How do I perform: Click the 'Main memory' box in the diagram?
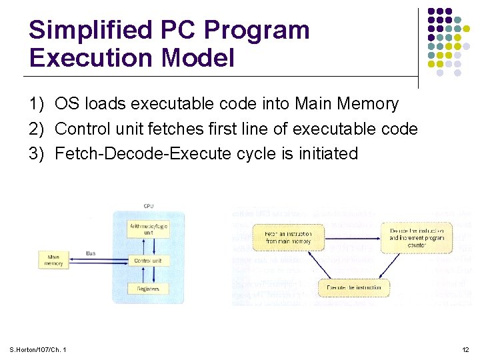53,260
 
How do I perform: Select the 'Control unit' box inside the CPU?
147,261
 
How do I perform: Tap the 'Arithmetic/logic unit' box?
147,229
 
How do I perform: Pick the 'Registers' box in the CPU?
147,289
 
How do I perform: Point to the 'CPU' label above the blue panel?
148,205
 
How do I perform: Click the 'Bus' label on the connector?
91,253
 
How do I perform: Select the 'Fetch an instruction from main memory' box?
287,237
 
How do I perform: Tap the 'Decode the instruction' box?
417,237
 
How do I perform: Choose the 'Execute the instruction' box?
353,287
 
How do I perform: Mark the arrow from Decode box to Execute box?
400,270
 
